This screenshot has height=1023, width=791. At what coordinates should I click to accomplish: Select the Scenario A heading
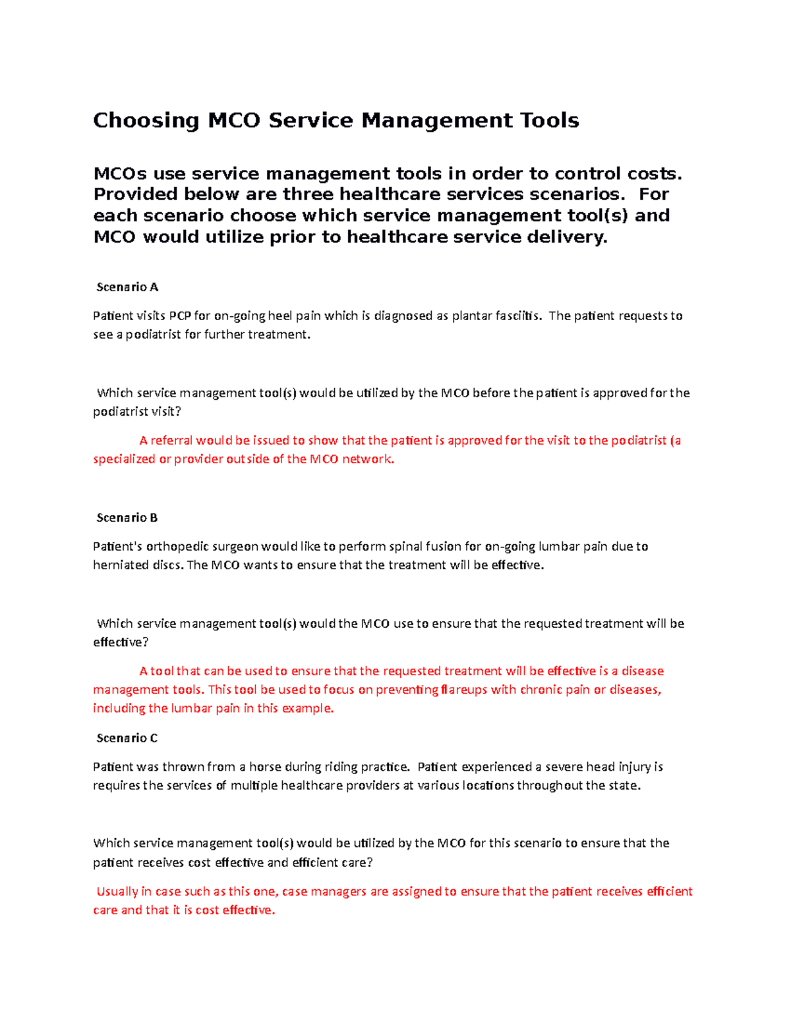(x=127, y=287)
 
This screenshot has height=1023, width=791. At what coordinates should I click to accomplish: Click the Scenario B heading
(x=127, y=518)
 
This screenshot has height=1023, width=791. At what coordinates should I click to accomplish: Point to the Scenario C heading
(x=127, y=738)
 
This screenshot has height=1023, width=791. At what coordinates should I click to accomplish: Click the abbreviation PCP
(x=180, y=316)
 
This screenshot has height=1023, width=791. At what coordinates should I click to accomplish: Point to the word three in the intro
(x=308, y=194)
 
